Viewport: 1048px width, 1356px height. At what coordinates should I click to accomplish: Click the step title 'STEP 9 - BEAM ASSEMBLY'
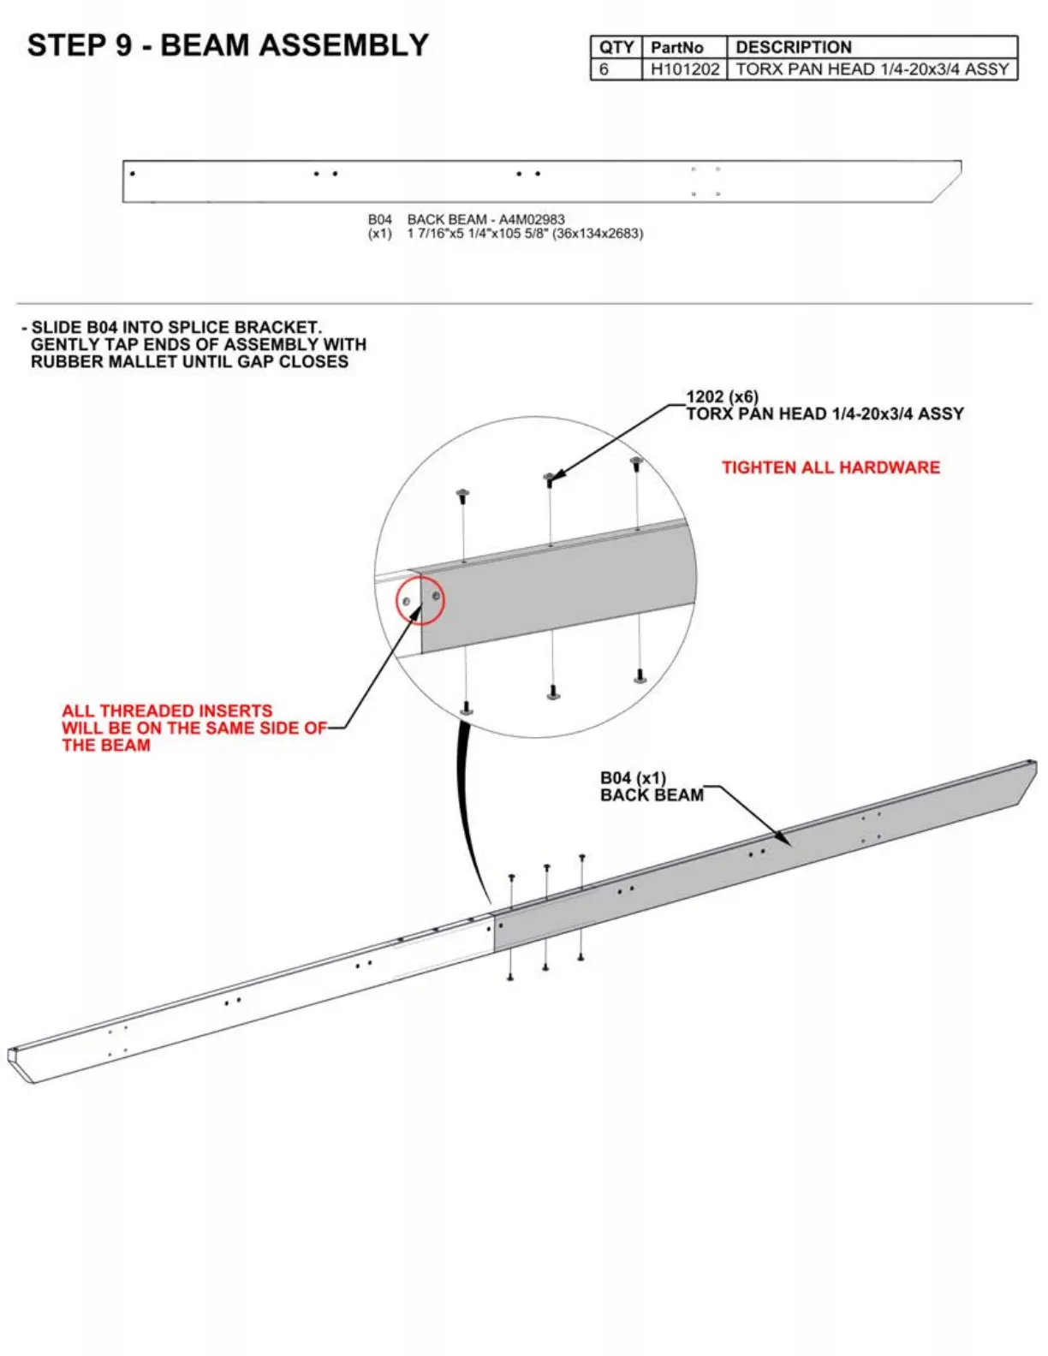pyautogui.click(x=228, y=45)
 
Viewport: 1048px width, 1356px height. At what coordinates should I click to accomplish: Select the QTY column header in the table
pyautogui.click(x=616, y=47)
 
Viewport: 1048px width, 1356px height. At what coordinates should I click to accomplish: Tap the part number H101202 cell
pyautogui.click(x=684, y=69)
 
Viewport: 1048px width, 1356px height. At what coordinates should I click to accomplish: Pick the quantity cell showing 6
pyautogui.click(x=604, y=69)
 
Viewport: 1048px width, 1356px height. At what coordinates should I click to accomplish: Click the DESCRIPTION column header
pyautogui.click(x=793, y=47)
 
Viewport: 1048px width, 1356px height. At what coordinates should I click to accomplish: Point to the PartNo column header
pyautogui.click(x=676, y=47)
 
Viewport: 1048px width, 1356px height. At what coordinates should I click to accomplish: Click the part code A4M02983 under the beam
pyautogui.click(x=532, y=219)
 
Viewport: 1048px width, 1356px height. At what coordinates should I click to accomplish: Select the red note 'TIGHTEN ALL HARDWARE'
pyautogui.click(x=830, y=467)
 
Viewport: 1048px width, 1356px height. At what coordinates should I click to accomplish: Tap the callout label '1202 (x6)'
pyautogui.click(x=722, y=397)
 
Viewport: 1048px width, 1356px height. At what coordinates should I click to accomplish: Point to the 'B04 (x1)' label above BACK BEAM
pyautogui.click(x=633, y=778)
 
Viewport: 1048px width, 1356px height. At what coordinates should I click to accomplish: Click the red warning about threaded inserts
pyautogui.click(x=193, y=728)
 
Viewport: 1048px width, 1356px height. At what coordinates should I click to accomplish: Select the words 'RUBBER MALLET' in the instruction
pyautogui.click(x=94, y=361)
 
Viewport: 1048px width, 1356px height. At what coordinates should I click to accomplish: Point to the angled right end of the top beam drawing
pyautogui.click(x=949, y=181)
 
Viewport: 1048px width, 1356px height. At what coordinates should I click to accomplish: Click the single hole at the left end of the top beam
pyautogui.click(x=133, y=174)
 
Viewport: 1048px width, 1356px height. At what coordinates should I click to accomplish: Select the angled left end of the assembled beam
pyautogui.click(x=21, y=1064)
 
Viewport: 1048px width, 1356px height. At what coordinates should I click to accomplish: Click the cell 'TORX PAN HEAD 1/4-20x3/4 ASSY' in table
pyautogui.click(x=872, y=69)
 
